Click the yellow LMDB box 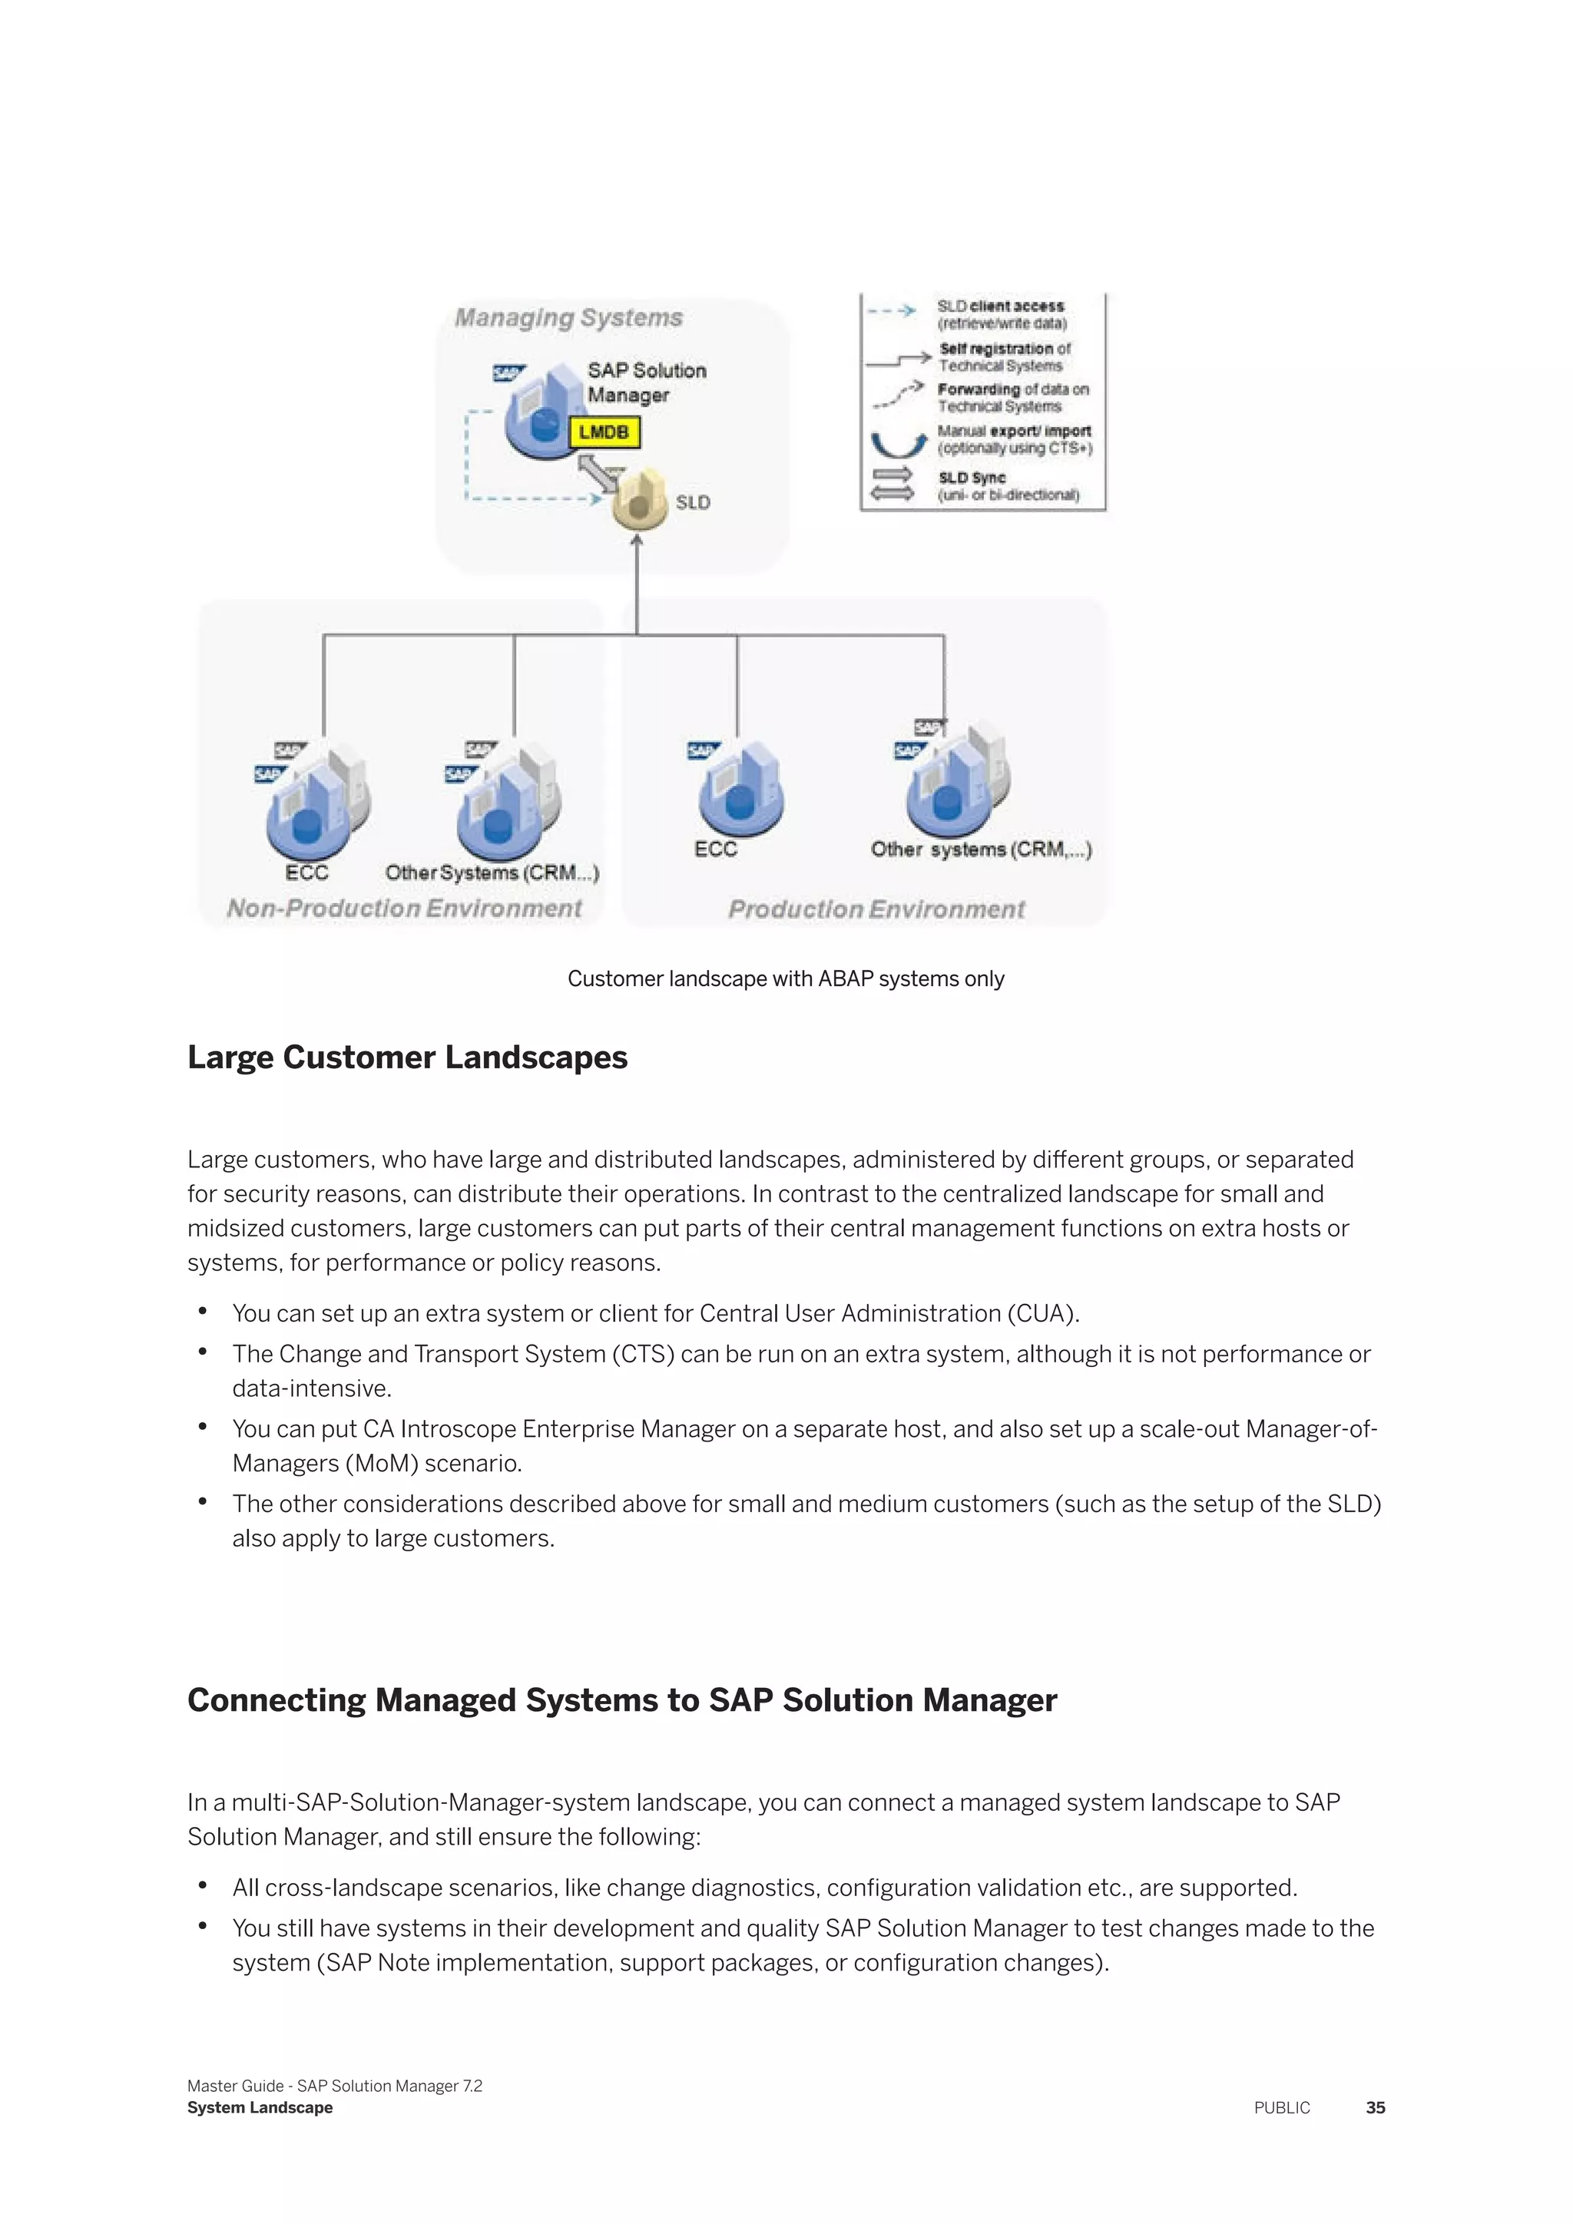click(x=604, y=432)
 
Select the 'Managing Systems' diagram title click(x=568, y=318)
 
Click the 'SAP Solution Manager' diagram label click(x=646, y=382)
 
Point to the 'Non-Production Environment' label click(x=404, y=908)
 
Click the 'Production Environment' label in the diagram click(x=876, y=908)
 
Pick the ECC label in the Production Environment click(x=715, y=849)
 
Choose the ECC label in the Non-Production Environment click(x=306, y=872)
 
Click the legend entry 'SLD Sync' click(x=972, y=478)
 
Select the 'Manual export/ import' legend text click(x=1014, y=431)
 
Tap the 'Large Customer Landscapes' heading click(x=407, y=1057)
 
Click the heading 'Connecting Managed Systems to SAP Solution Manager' click(x=622, y=1700)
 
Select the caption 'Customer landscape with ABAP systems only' click(x=786, y=978)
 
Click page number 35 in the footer click(x=1374, y=2108)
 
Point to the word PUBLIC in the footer click(x=1281, y=2108)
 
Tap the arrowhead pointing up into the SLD click(x=637, y=541)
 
